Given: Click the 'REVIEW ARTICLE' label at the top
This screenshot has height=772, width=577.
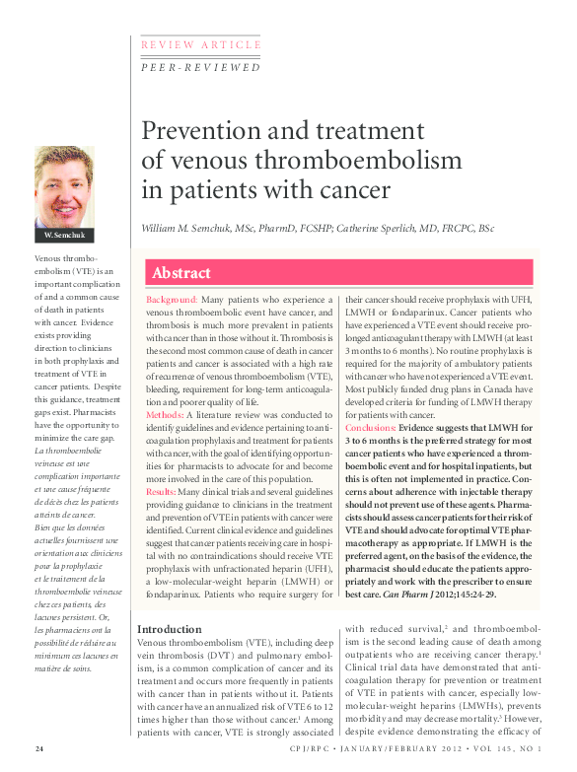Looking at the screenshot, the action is pyautogui.click(x=201, y=45).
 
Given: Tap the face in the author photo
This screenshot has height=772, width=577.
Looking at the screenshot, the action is pyautogui.click(x=63, y=182).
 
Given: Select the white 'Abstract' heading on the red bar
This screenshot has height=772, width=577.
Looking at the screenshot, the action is pyautogui.click(x=182, y=273).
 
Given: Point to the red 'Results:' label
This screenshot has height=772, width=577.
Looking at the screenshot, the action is pyautogui.click(x=162, y=491).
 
